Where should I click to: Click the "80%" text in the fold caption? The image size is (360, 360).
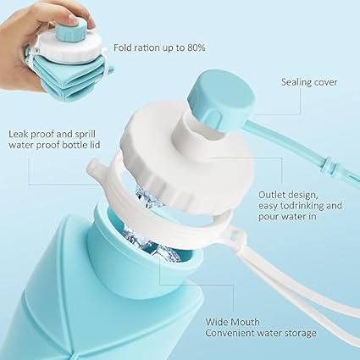tap(197, 47)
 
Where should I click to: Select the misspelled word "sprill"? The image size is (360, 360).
tap(85, 134)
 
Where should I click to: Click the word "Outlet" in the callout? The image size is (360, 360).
tap(272, 195)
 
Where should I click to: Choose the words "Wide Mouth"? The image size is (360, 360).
tap(232, 322)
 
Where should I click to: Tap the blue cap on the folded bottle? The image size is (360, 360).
tap(70, 31)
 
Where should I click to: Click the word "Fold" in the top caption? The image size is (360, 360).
tap(123, 47)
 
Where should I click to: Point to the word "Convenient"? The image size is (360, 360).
tap(230, 333)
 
